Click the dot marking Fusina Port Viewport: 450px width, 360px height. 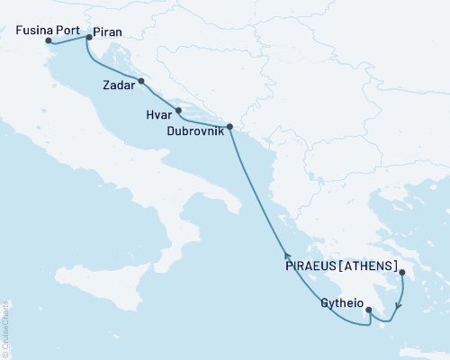49,40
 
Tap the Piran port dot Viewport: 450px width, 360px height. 88,38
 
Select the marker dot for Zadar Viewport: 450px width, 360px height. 141,82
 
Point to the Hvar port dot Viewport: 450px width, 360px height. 179,111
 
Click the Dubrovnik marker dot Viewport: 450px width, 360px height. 229,127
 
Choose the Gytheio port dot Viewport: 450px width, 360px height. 368,310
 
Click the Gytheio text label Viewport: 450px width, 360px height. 341,303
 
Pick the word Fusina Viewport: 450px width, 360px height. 34,30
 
